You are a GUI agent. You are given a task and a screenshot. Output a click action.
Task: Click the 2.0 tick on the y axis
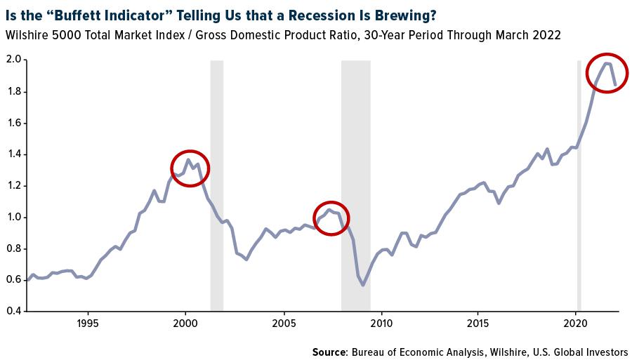point(14,60)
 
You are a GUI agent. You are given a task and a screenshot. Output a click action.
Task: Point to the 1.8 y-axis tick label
point(14,92)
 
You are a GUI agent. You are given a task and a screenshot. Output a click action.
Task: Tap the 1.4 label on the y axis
point(14,154)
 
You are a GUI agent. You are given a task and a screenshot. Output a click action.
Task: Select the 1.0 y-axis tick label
point(14,217)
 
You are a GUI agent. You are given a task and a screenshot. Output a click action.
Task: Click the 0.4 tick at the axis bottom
point(14,311)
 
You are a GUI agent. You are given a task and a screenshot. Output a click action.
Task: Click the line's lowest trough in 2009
point(363,285)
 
